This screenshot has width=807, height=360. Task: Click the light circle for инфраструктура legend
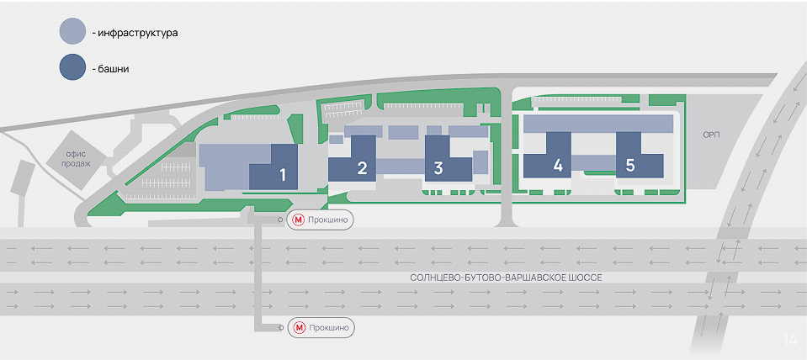point(72,32)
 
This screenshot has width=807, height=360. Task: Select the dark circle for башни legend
point(72,67)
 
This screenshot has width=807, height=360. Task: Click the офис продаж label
point(77,158)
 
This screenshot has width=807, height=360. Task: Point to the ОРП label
point(711,135)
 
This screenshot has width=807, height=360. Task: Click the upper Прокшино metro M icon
point(298,220)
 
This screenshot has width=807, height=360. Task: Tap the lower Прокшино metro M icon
point(299,327)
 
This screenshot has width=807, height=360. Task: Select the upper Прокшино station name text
point(328,220)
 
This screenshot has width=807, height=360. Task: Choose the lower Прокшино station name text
point(329,327)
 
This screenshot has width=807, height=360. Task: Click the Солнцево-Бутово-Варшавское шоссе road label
point(506,278)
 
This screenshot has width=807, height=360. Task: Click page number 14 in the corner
point(790,340)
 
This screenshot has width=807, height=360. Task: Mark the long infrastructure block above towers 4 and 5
point(598,124)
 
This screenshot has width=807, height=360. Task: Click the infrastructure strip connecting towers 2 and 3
point(401,166)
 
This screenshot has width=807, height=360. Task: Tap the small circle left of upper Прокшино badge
point(280,220)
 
